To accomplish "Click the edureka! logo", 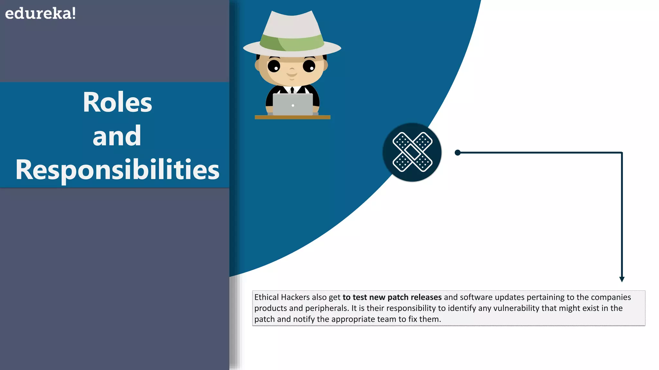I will click(x=41, y=14).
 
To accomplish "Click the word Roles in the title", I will click(x=117, y=102).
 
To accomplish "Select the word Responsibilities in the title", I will click(x=117, y=170).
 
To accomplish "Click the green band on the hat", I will click(x=292, y=43).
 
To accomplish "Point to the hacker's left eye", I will click(x=274, y=66).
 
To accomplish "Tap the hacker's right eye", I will click(x=309, y=66).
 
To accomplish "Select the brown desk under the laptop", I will click(x=292, y=117).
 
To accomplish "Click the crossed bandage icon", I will click(x=412, y=152).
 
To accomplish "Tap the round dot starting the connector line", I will click(x=458, y=153).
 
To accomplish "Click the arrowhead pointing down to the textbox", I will click(x=622, y=279).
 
